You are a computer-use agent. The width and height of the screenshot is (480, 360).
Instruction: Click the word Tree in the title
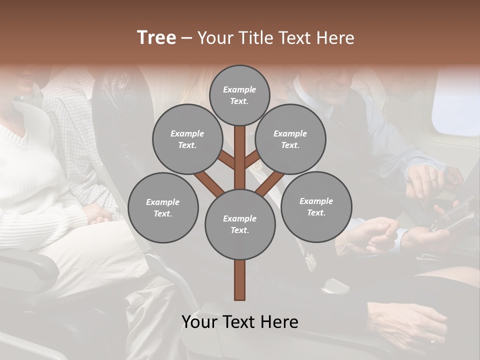pos(156,38)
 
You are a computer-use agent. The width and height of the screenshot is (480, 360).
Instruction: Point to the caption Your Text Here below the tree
pos(239,322)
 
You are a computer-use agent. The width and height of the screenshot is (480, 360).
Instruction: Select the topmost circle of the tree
pos(239,95)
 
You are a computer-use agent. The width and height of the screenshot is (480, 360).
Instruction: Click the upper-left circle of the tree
pos(187,139)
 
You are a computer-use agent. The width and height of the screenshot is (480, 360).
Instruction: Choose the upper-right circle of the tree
pos(290,139)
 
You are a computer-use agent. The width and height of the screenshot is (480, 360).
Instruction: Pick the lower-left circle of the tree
pos(163,207)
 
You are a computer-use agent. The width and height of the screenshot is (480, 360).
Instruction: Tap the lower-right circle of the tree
pos(316,206)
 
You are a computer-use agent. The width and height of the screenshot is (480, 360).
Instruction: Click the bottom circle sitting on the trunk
pos(239,224)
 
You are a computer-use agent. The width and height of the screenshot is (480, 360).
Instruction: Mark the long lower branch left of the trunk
pos(209,183)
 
